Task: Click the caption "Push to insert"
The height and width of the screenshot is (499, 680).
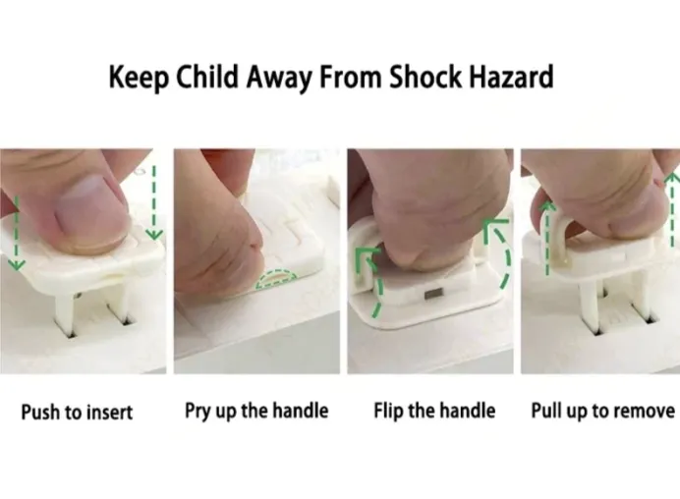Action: pyautogui.click(x=77, y=412)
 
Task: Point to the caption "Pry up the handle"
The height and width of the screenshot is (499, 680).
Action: pyautogui.click(x=256, y=411)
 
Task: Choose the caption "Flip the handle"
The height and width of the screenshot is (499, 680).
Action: pyautogui.click(x=434, y=411)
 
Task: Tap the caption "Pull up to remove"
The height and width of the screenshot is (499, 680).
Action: pyautogui.click(x=602, y=411)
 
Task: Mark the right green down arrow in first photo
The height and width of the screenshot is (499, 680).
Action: pyautogui.click(x=153, y=201)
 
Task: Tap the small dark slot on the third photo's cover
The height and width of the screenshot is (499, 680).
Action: pyautogui.click(x=431, y=293)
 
